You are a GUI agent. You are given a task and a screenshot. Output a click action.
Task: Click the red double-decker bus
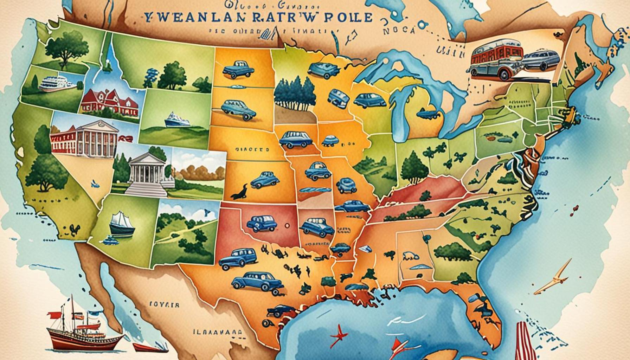tap(496, 58)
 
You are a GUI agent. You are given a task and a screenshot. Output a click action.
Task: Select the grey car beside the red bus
tap(540, 59)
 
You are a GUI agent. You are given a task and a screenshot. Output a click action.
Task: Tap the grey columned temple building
tap(148, 172)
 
